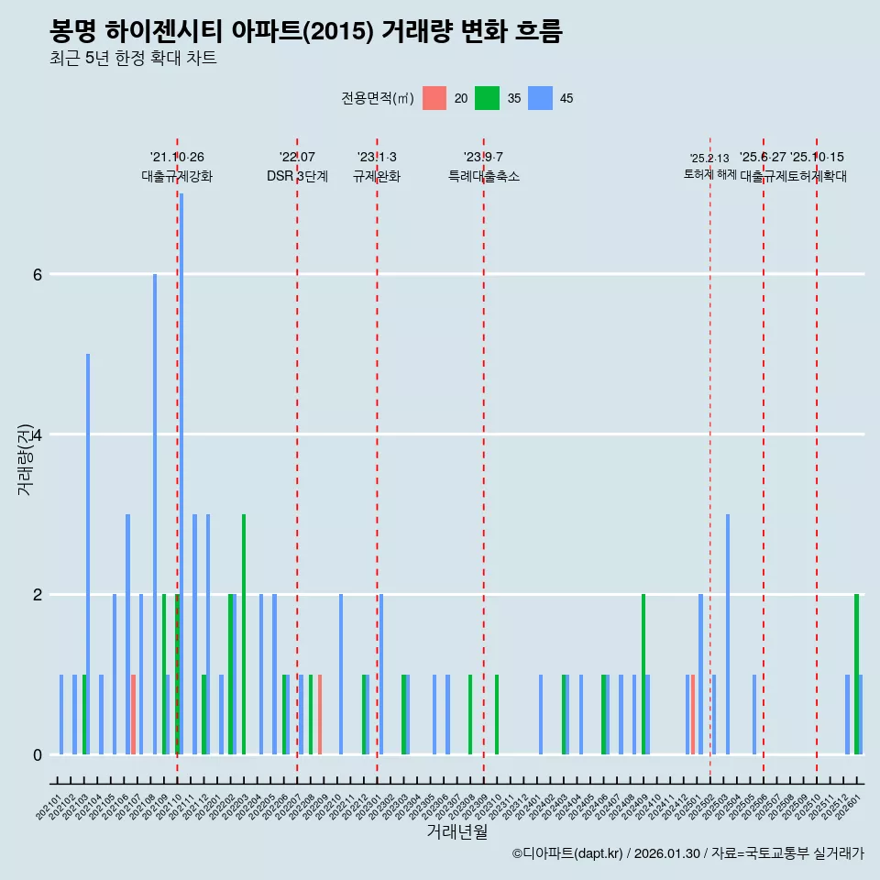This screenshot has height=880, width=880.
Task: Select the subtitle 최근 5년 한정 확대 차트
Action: [133, 59]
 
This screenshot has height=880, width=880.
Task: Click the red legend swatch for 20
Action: [434, 98]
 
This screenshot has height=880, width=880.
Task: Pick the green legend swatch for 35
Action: [488, 98]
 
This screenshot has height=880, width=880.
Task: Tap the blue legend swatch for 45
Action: [541, 98]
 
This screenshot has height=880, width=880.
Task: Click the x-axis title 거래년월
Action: [456, 831]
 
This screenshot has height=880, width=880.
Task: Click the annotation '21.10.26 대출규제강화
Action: [177, 167]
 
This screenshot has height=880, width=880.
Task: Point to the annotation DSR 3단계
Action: [297, 176]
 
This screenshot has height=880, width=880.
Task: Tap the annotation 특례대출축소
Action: [483, 176]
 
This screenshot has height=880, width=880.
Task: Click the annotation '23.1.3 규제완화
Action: [377, 167]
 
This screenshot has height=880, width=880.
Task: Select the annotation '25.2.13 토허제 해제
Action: [709, 166]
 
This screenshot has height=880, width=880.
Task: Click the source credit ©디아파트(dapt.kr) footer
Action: [687, 853]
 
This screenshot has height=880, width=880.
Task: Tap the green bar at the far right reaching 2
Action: [856, 674]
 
